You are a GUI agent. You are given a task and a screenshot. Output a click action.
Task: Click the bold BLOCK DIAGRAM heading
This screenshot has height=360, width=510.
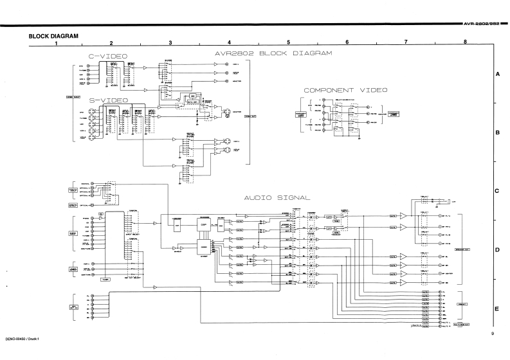53,36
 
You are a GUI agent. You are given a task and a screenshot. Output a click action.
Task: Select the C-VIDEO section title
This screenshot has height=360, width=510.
107,57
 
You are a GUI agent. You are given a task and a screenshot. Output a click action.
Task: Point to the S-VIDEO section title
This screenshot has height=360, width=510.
107,100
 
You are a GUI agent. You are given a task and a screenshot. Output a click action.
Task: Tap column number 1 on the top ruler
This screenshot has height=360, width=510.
57,43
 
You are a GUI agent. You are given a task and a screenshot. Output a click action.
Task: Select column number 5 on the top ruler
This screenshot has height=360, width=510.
289,43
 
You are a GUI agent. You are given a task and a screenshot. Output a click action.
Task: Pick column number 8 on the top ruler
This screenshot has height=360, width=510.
464,43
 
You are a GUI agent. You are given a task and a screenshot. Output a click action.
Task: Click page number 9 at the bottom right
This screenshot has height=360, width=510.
491,333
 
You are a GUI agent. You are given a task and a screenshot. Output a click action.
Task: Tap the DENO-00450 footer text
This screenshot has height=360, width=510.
19,337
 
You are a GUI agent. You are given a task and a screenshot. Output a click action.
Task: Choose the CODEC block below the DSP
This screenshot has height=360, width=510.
204,246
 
